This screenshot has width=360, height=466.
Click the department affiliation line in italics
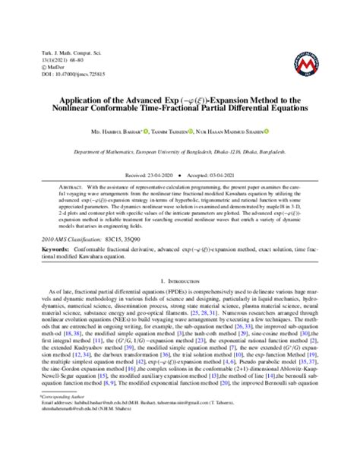coord(179,151)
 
